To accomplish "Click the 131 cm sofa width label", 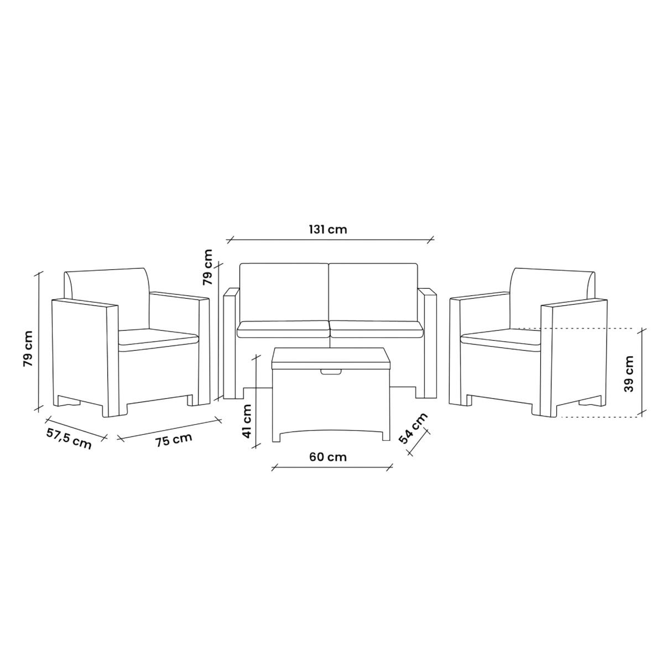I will tap(328, 229).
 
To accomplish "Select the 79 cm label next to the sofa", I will tap(207, 267).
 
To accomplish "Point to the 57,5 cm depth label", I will tap(69, 439).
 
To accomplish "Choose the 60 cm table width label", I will tap(328, 457).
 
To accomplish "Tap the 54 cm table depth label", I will tap(413, 428).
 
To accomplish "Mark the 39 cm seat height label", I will tap(629, 373).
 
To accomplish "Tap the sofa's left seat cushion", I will tap(283, 330).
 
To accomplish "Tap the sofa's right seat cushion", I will tap(377, 330).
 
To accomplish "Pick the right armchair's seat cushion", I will tap(501, 338).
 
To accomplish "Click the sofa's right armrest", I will tap(427, 343).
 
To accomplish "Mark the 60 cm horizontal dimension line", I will tap(332, 468).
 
